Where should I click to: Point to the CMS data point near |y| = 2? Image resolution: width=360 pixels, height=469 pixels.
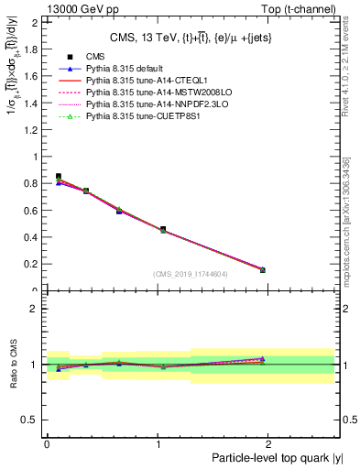point(262,269)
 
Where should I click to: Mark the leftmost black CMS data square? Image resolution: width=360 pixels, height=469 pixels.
point(59,176)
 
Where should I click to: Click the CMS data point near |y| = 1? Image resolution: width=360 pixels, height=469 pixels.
point(163,229)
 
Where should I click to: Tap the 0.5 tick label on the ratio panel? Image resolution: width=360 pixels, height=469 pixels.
point(33,420)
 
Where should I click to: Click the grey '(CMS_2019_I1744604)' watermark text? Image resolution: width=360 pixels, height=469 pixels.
point(190,274)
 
